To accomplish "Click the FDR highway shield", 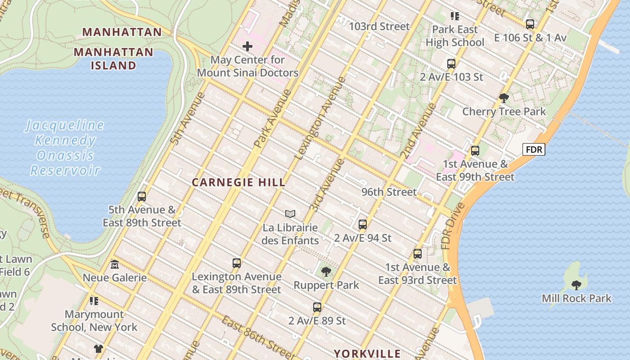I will (x=534, y=149).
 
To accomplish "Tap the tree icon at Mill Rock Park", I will (x=576, y=285).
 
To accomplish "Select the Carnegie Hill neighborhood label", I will (x=238, y=182).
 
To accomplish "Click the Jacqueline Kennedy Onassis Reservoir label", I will (x=65, y=148).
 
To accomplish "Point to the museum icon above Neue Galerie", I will (x=114, y=264).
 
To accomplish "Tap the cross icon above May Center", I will (x=247, y=46).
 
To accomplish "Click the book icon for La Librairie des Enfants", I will (x=290, y=214).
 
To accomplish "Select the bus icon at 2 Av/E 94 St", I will (x=363, y=224).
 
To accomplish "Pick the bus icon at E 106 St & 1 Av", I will (x=530, y=24).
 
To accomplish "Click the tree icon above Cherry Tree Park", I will (x=504, y=98).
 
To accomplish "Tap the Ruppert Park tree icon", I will (x=326, y=272).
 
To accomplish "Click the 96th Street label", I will (x=389, y=192).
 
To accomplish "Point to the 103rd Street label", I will (x=379, y=27).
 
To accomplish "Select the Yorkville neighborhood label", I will (x=367, y=353).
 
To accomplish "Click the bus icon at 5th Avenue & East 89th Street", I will (x=142, y=197).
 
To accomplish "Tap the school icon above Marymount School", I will (x=94, y=301).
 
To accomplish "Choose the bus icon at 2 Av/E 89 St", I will (x=317, y=307).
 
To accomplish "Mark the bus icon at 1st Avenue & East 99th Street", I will (x=475, y=151).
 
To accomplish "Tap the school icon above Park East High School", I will (x=455, y=17).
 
